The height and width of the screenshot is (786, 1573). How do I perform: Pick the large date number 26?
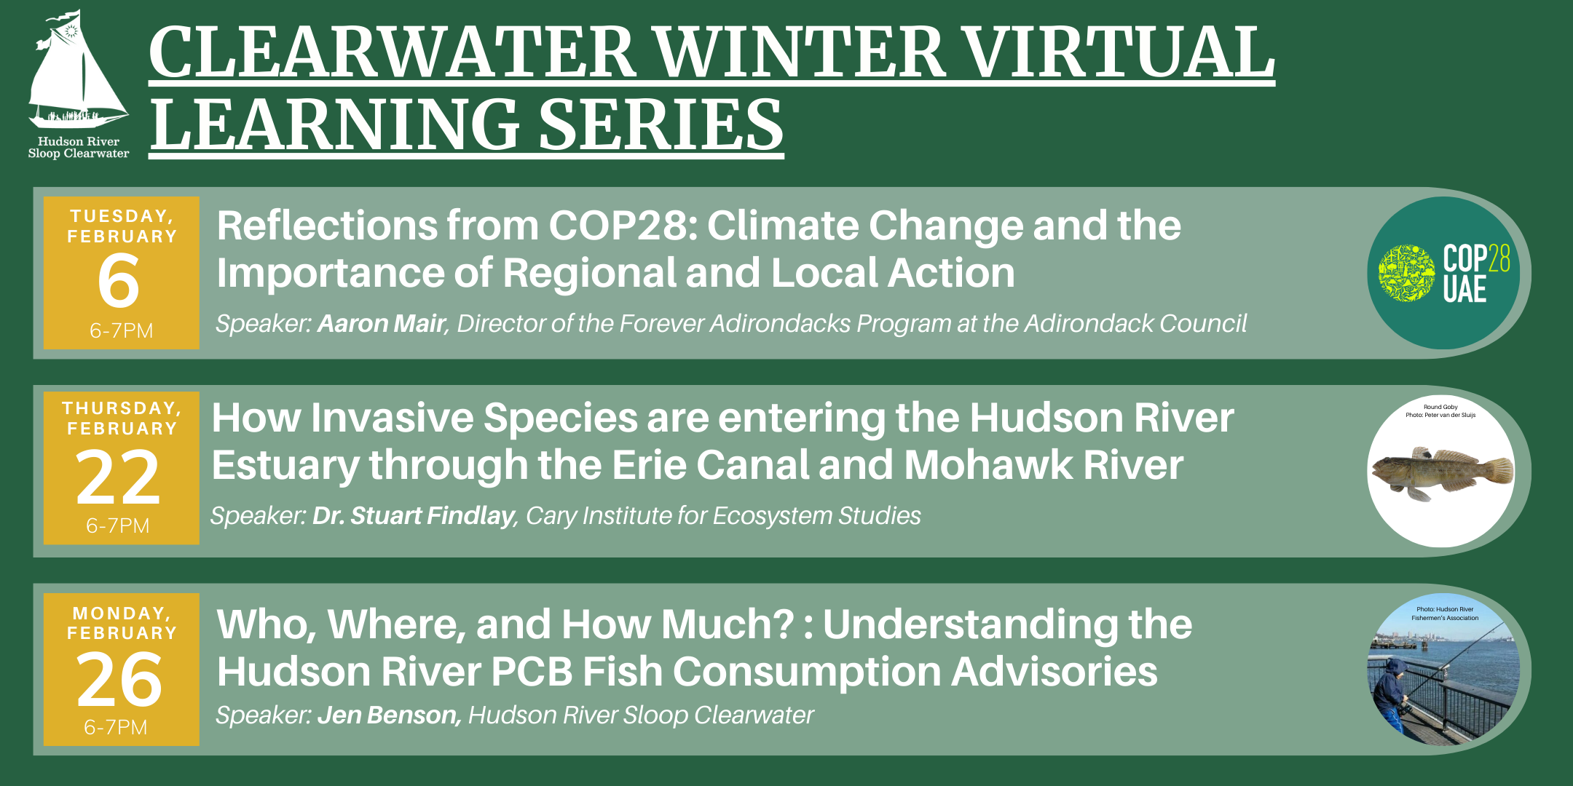tap(119, 679)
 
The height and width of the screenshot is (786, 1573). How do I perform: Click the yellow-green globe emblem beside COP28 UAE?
tap(1406, 273)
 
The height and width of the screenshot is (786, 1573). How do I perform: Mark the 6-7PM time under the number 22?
tap(117, 525)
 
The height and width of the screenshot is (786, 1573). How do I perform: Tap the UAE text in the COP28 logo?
tap(1464, 290)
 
